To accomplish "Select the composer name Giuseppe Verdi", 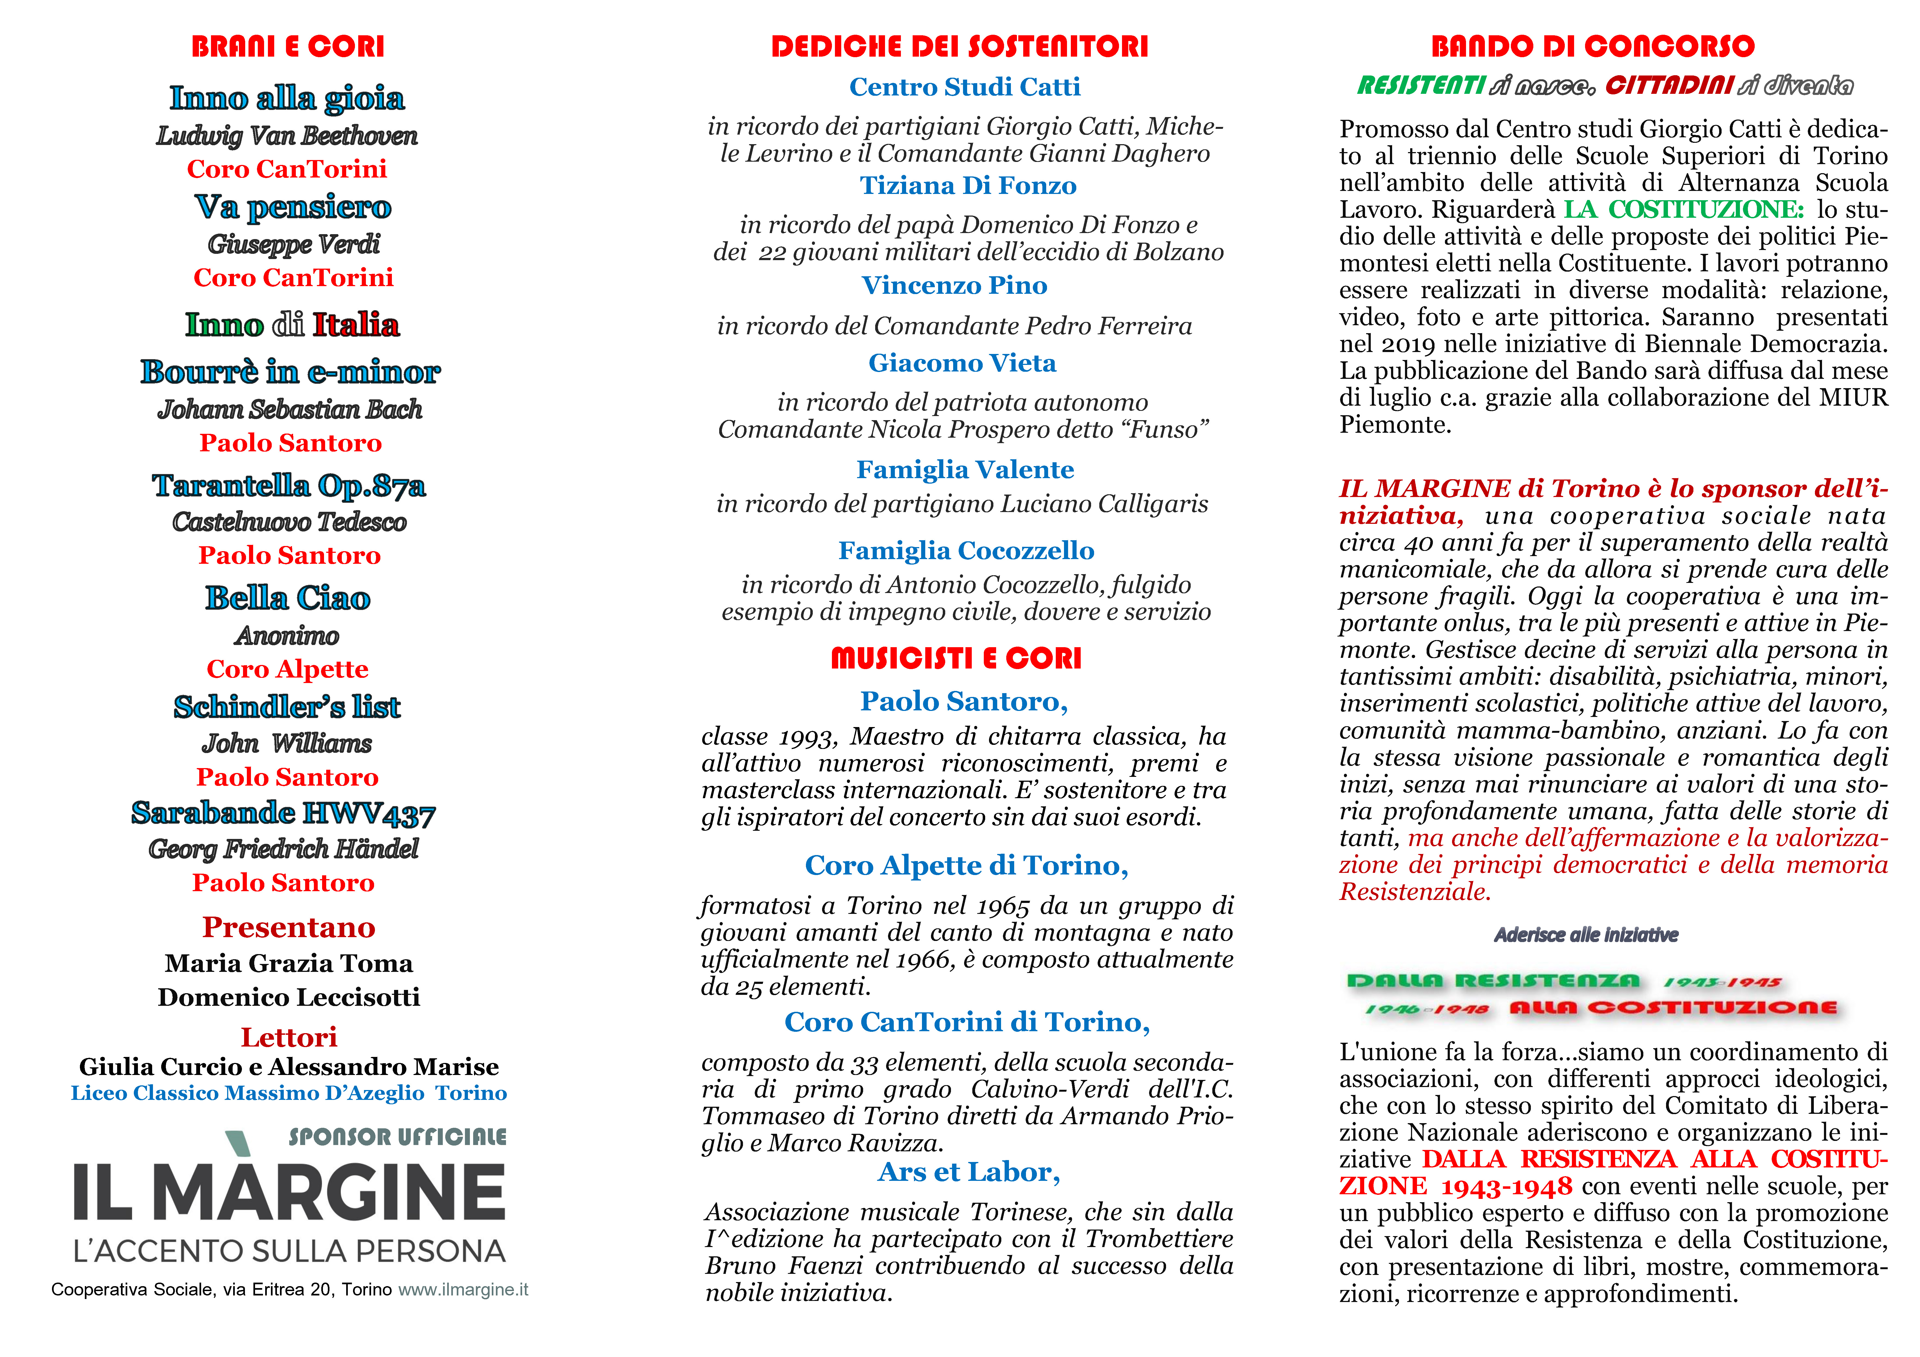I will click(294, 244).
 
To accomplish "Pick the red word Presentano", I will click(288, 927).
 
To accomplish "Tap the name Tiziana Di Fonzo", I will click(968, 186).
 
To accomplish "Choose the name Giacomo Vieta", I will click(962, 363).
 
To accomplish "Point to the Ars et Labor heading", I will click(968, 1172).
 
